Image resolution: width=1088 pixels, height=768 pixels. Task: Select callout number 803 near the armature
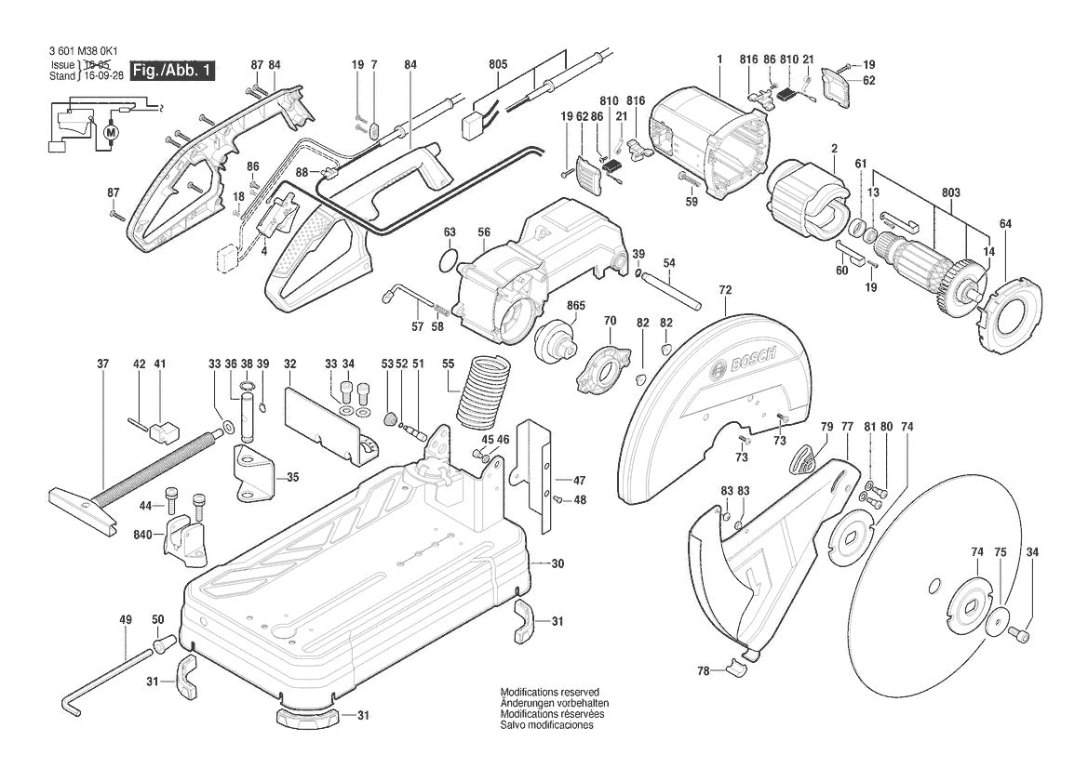(950, 192)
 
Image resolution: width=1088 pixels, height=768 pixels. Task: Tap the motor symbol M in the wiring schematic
(113, 133)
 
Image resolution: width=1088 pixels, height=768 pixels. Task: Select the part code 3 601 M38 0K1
(81, 53)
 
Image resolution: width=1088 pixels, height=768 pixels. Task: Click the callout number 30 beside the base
(557, 564)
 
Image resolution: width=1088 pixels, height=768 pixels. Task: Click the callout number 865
(575, 306)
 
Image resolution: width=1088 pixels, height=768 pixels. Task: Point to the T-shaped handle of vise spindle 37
(80, 509)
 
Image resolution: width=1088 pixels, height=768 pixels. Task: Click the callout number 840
(142, 535)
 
